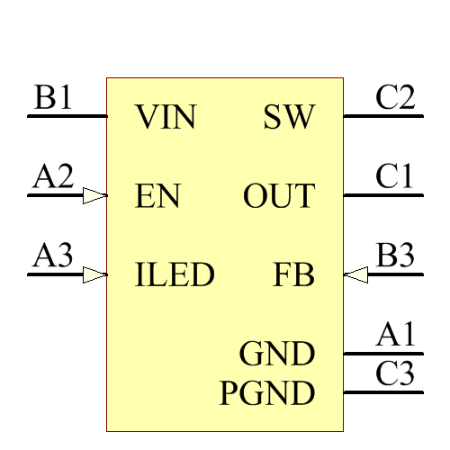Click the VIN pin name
point(166,118)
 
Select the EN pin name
point(157,196)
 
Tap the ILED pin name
point(175,274)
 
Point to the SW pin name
point(289,118)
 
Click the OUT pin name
point(279,196)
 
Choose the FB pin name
point(294,274)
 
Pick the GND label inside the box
point(277,354)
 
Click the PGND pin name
point(267,392)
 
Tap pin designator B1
point(52,98)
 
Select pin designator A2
point(52,177)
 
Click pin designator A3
point(52,256)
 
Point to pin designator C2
point(396,98)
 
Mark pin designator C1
point(396,177)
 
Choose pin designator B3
point(396,256)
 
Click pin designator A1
point(396,336)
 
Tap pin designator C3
point(396,373)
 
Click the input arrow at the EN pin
point(94,195)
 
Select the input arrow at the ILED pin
point(94,274)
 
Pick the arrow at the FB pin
point(356,274)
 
